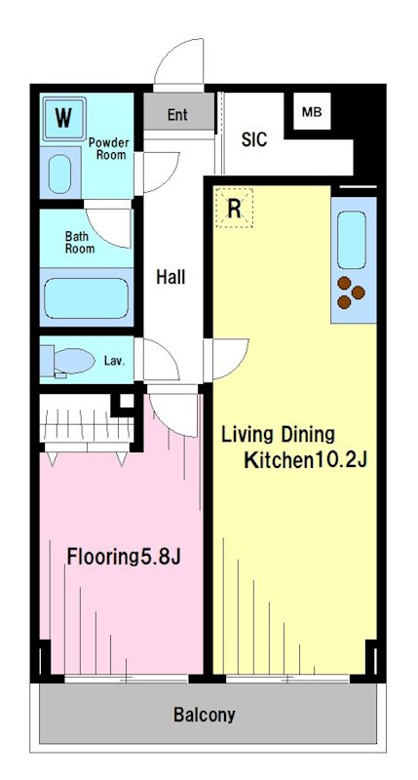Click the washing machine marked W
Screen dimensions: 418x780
(63, 118)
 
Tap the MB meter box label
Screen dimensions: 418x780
(312, 112)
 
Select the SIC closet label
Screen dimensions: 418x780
(254, 139)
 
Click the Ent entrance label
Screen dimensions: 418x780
(177, 115)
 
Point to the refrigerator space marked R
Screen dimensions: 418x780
(234, 208)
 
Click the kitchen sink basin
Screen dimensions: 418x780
(352, 240)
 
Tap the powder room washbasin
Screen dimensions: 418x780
(60, 175)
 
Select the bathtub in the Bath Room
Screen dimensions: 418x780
(87, 298)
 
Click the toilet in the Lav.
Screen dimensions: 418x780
(68, 361)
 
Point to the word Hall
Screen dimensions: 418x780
(171, 277)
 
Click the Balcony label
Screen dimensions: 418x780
(204, 716)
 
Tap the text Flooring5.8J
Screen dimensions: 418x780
(124, 557)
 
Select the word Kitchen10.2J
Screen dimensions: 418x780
(305, 460)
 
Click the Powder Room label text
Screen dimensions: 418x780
(108, 149)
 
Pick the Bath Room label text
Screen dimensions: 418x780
(80, 242)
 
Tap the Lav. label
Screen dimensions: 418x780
(114, 360)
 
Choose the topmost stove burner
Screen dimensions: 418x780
(344, 283)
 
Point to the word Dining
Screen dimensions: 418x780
(308, 436)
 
